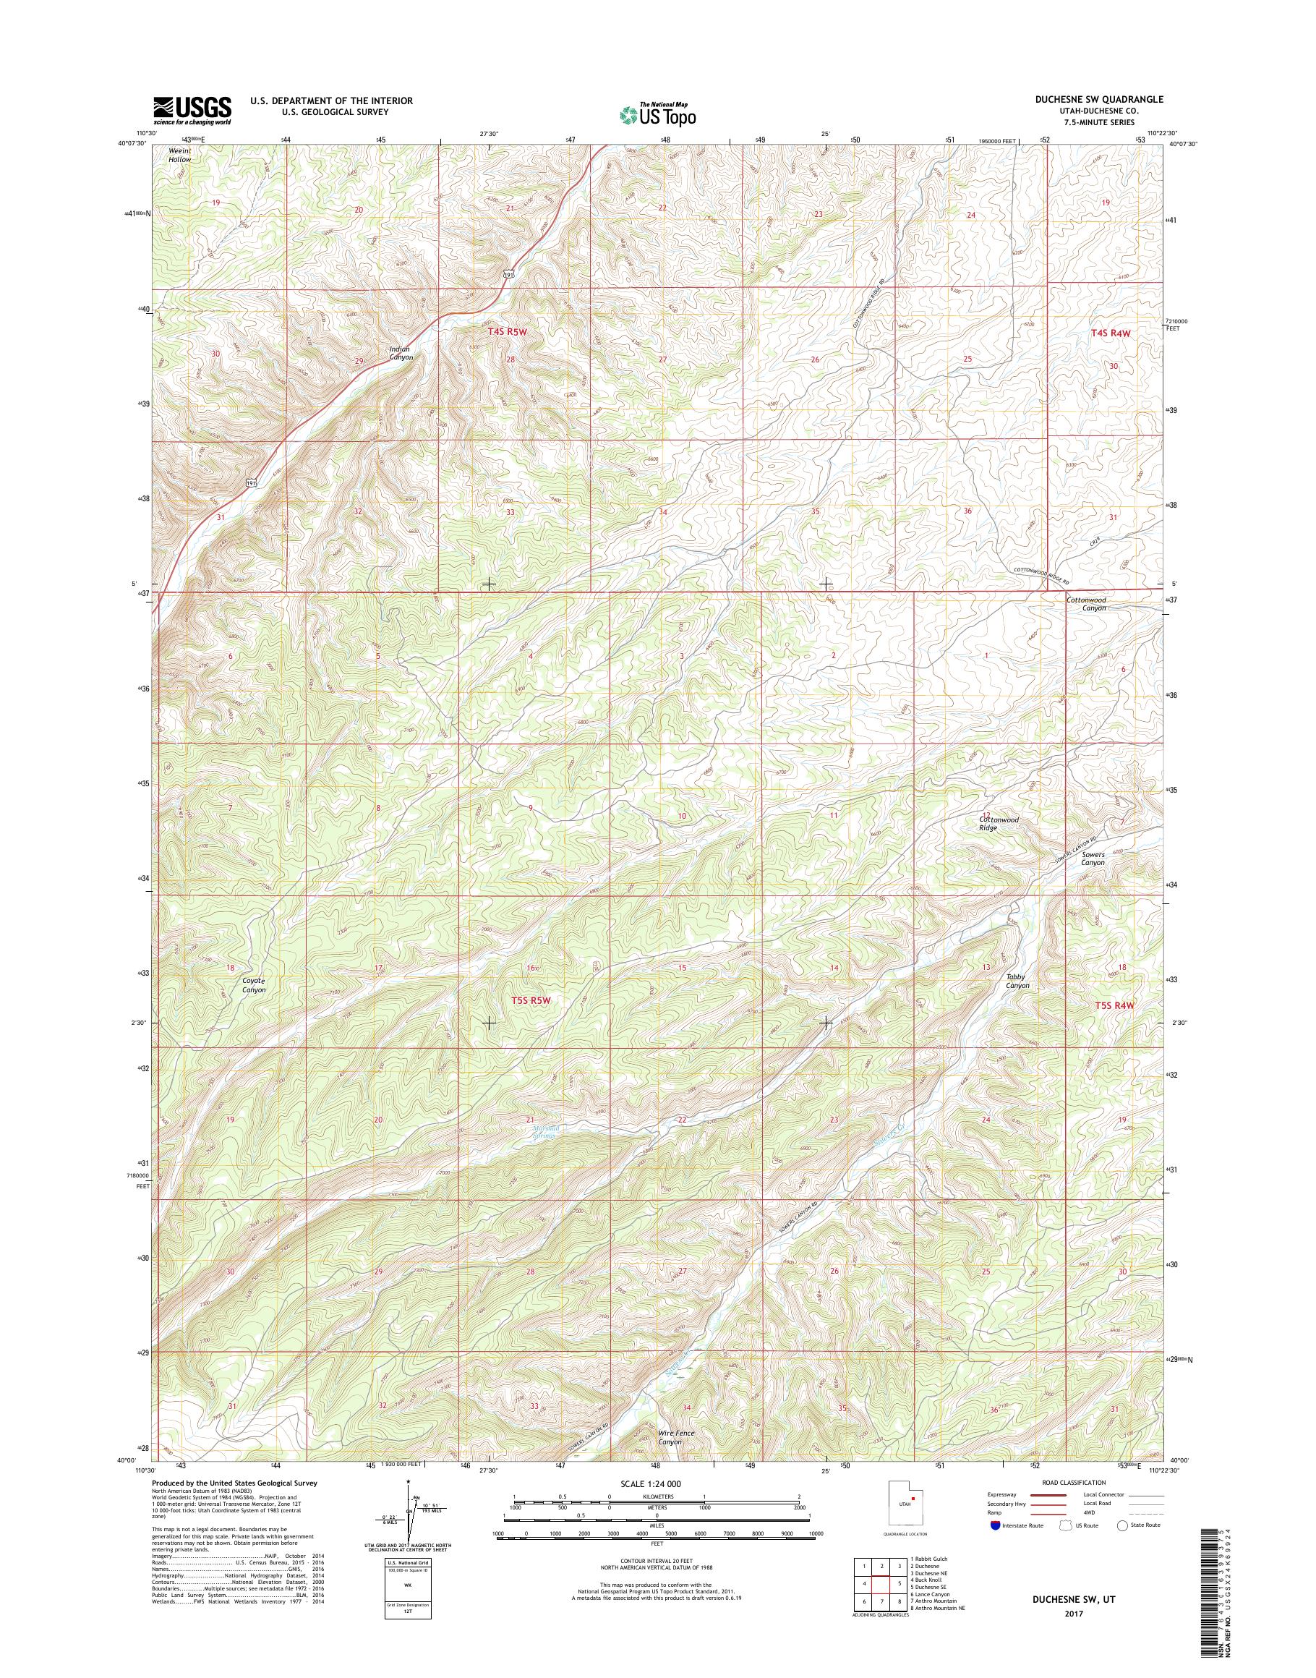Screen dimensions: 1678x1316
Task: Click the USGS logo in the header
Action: pyautogui.click(x=192, y=110)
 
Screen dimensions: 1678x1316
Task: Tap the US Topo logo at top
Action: pyautogui.click(x=657, y=114)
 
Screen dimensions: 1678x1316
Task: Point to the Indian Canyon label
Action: pyautogui.click(x=399, y=353)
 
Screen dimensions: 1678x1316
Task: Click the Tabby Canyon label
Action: pyautogui.click(x=1017, y=981)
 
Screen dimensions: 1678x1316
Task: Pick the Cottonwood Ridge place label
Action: pyautogui.click(x=999, y=823)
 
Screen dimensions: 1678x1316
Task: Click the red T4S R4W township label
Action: pyautogui.click(x=1114, y=333)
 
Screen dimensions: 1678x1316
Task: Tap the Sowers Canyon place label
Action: pyautogui.click(x=1093, y=859)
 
